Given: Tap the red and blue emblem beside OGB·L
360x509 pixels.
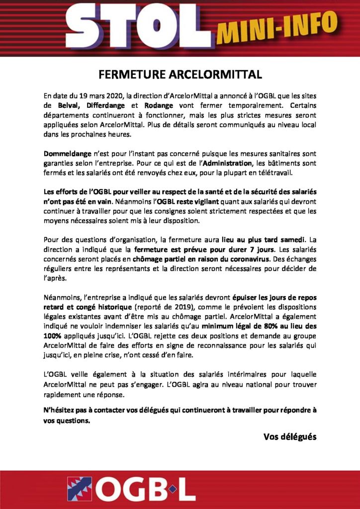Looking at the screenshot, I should click(80, 489).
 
